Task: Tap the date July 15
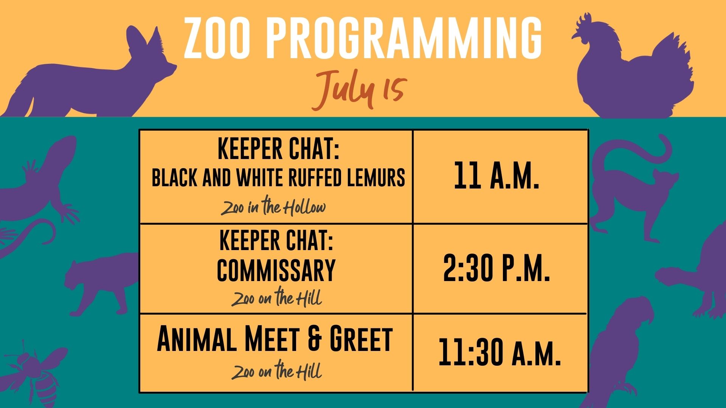click(359, 90)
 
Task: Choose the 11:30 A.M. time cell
click(500, 352)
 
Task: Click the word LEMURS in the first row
click(376, 177)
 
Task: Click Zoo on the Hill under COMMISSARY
click(276, 298)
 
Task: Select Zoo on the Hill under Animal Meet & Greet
click(276, 371)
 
